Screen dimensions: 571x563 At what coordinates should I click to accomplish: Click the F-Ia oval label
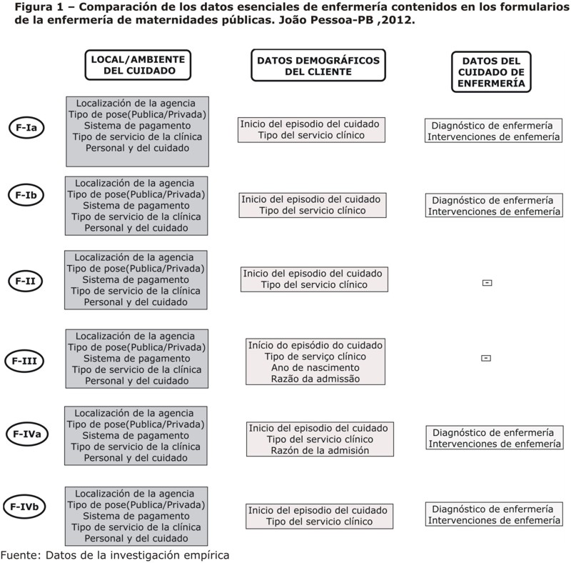tap(26, 128)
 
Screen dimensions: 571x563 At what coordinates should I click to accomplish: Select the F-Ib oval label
tap(26, 195)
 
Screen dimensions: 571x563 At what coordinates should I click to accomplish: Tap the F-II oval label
tap(25, 281)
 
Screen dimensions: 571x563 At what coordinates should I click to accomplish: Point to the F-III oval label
tap(24, 361)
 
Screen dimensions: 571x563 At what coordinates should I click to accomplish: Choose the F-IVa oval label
tap(27, 434)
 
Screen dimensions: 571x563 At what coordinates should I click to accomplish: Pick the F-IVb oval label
tap(24, 507)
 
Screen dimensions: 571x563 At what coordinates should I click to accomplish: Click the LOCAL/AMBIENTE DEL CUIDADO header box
tap(138, 65)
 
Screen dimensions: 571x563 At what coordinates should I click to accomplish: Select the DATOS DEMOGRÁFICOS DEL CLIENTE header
tap(318, 65)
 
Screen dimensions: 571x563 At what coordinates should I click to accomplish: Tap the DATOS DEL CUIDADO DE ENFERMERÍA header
tap(491, 72)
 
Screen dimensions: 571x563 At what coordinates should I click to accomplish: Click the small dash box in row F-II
tap(487, 283)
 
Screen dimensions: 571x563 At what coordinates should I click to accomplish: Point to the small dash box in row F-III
tap(486, 358)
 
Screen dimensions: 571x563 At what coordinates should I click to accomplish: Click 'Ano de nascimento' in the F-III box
tap(315, 367)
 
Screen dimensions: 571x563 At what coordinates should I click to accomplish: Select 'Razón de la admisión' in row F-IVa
tap(320, 450)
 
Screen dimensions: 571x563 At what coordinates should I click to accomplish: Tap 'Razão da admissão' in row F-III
tap(315, 379)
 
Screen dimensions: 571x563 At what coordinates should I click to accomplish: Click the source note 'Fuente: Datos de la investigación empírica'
tap(115, 555)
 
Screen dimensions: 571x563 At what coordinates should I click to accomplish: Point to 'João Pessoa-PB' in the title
tap(326, 20)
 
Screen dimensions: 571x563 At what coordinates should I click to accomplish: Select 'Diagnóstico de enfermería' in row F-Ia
tap(492, 126)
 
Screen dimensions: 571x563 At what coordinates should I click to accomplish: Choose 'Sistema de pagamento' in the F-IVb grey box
tap(136, 516)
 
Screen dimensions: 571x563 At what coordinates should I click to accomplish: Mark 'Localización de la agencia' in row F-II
tap(134, 257)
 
